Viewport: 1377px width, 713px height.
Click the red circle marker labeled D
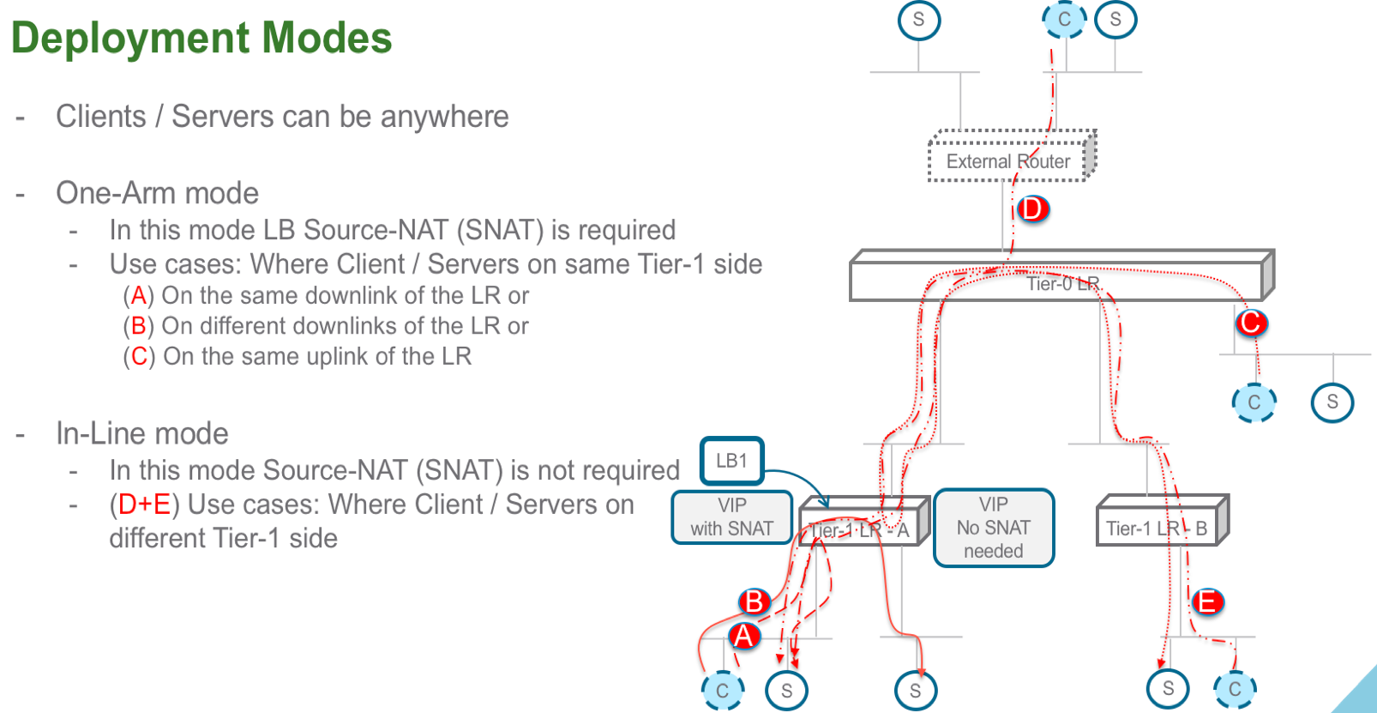pyautogui.click(x=1032, y=208)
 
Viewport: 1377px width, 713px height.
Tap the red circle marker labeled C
pyautogui.click(x=1251, y=323)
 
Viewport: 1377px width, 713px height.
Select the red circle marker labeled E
pyautogui.click(x=1207, y=602)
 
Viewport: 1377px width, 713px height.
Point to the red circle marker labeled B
pyautogui.click(x=754, y=601)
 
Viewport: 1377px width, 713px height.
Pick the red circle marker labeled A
pyautogui.click(x=743, y=637)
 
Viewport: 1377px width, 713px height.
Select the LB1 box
pyautogui.click(x=731, y=461)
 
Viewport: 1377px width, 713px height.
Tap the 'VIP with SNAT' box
pyautogui.click(x=731, y=517)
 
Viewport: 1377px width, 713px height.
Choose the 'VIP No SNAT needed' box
pyautogui.click(x=993, y=528)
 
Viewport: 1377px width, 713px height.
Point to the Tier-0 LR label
pyautogui.click(x=1062, y=284)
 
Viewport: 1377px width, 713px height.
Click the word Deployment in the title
pyautogui.click(x=129, y=39)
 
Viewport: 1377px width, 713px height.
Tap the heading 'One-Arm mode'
pyautogui.click(x=157, y=193)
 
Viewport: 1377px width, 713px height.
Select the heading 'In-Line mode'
pyautogui.click(x=142, y=433)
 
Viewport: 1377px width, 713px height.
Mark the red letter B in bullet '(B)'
pyautogui.click(x=138, y=326)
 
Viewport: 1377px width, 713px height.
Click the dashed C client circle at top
pyautogui.click(x=1064, y=20)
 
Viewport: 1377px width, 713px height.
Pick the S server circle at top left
pyautogui.click(x=918, y=20)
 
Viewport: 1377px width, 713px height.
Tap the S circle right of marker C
pyautogui.click(x=1332, y=402)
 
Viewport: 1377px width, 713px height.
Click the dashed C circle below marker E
pyautogui.click(x=1235, y=688)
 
